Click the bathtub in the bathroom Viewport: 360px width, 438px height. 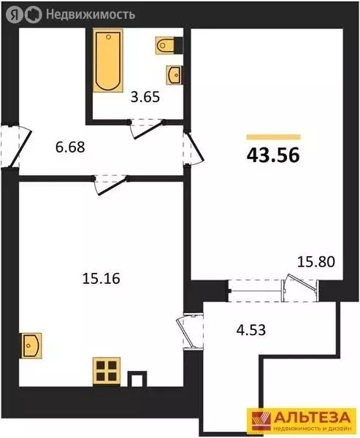pyautogui.click(x=107, y=61)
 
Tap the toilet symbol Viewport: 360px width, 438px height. pyautogui.click(x=166, y=45)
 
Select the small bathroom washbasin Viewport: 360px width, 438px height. pyautogui.click(x=174, y=74)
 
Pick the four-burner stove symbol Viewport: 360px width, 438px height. pyautogui.click(x=106, y=370)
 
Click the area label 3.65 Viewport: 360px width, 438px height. pyautogui.click(x=144, y=95)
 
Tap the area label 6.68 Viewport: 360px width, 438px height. pyautogui.click(x=70, y=147)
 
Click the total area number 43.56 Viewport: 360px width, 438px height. pyautogui.click(x=274, y=155)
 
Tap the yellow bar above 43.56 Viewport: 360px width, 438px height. pyautogui.click(x=274, y=137)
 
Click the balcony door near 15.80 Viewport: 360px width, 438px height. pyautogui.click(x=302, y=286)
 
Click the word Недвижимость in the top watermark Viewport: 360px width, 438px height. pyautogui.click(x=91, y=13)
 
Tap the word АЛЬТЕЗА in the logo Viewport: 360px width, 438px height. pyautogui.click(x=311, y=416)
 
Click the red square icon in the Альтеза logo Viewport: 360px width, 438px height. pyautogui.click(x=260, y=420)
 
